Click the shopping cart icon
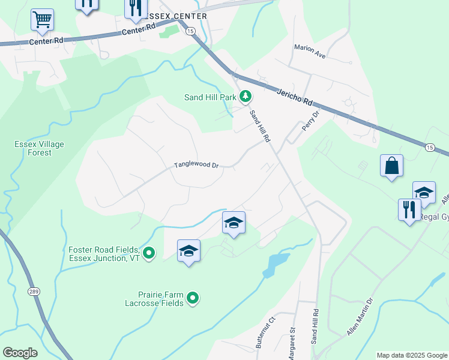click(42, 20)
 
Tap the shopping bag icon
click(391, 166)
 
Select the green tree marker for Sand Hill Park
click(245, 96)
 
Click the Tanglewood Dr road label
click(196, 165)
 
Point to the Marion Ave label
click(310, 52)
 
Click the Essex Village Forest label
click(39, 148)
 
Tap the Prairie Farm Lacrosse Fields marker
click(193, 298)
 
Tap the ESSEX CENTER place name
click(176, 16)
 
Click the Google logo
click(20, 353)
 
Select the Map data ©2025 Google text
click(412, 355)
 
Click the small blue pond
click(273, 264)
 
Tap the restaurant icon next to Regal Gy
click(409, 210)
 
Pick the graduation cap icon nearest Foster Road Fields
click(188, 251)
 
